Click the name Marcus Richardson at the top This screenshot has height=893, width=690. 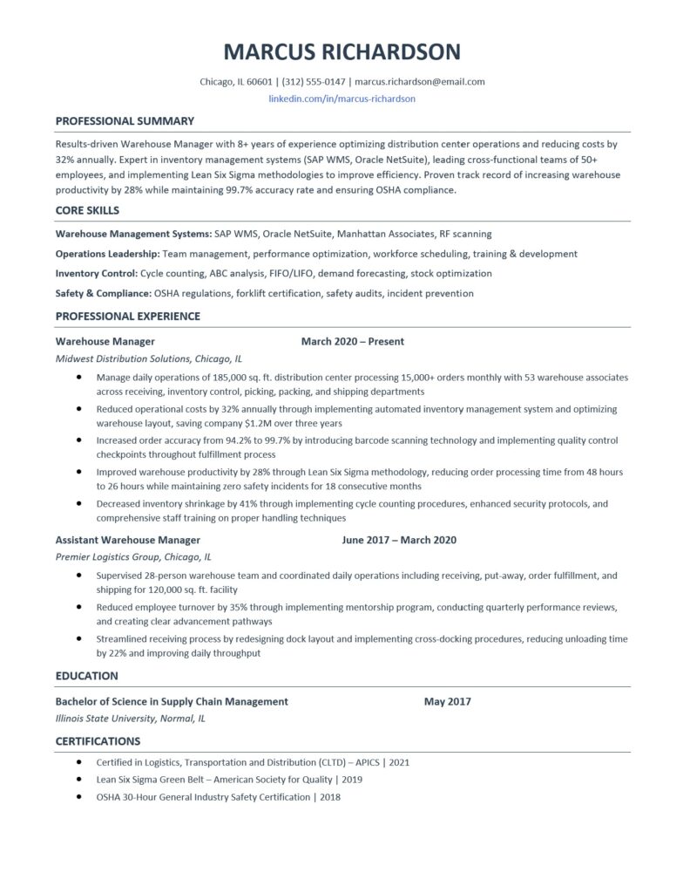pos(342,51)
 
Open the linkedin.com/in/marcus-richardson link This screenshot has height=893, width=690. pos(342,99)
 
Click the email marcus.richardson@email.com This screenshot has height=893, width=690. pos(420,82)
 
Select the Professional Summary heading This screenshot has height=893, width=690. pos(125,121)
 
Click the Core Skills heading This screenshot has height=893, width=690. pos(87,210)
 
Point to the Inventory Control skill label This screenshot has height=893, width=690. pos(95,273)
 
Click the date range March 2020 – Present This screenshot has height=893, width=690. pos(352,342)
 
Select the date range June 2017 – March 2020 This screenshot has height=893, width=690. pos(399,540)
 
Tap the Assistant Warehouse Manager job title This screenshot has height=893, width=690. pos(127,540)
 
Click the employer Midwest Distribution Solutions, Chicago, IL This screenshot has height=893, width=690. pos(149,358)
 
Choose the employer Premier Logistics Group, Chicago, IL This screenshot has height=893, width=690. pos(133,556)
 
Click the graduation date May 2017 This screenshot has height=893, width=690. pos(448,701)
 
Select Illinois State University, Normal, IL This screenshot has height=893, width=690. pos(131,719)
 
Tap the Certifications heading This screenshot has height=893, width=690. pos(98,741)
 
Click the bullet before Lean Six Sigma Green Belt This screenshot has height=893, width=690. pos(79,780)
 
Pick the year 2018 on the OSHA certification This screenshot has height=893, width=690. pos(329,797)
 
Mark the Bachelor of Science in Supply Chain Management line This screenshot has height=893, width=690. pos(172,701)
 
